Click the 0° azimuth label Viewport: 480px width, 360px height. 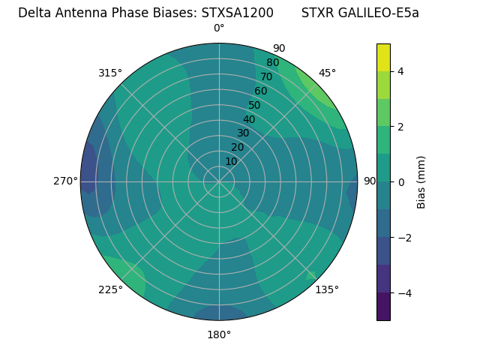coord(219,28)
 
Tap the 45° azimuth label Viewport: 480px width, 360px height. coord(327,73)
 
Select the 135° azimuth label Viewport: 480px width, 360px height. coord(327,289)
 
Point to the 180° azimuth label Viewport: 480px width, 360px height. coord(219,334)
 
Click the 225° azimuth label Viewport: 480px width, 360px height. coord(110,289)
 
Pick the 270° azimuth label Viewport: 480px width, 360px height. coord(66,181)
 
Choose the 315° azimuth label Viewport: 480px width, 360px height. coord(110,73)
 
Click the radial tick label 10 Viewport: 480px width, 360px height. coord(231,161)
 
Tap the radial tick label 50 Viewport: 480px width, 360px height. coord(254,105)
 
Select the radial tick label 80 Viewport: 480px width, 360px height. coord(272,62)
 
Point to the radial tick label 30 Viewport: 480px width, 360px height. coord(243,133)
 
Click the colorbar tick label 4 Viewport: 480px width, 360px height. coord(401,71)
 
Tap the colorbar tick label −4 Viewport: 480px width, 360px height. coord(404,292)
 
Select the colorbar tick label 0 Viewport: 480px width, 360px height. coord(401,182)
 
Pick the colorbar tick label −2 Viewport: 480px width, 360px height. coord(404,238)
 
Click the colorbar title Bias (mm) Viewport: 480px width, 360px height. coord(421,182)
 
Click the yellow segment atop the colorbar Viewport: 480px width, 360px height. coord(383,58)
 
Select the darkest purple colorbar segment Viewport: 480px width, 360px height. coord(383,307)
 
